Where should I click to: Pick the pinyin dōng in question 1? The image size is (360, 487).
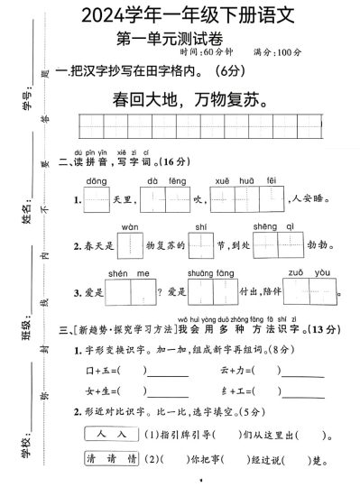[x=97, y=181]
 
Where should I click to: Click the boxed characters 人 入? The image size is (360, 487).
[x=109, y=434]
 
